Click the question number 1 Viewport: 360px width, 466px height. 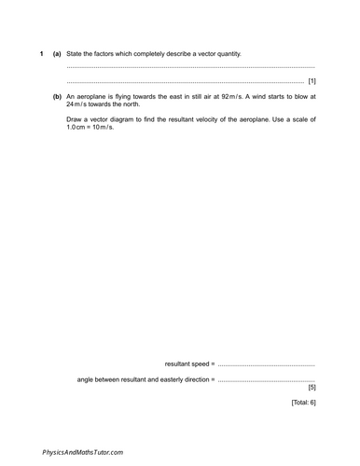pos(42,53)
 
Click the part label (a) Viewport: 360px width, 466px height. pos(57,53)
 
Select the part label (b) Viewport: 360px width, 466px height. pos(57,96)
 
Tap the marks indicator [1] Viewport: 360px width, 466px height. pos(312,81)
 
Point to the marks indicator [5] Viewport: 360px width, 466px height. pos(312,387)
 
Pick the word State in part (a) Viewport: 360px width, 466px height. pos(76,53)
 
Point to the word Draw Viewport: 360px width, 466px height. pos(76,119)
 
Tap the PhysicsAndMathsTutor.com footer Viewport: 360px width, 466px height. pos(82,452)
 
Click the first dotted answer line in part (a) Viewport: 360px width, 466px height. pos(191,68)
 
